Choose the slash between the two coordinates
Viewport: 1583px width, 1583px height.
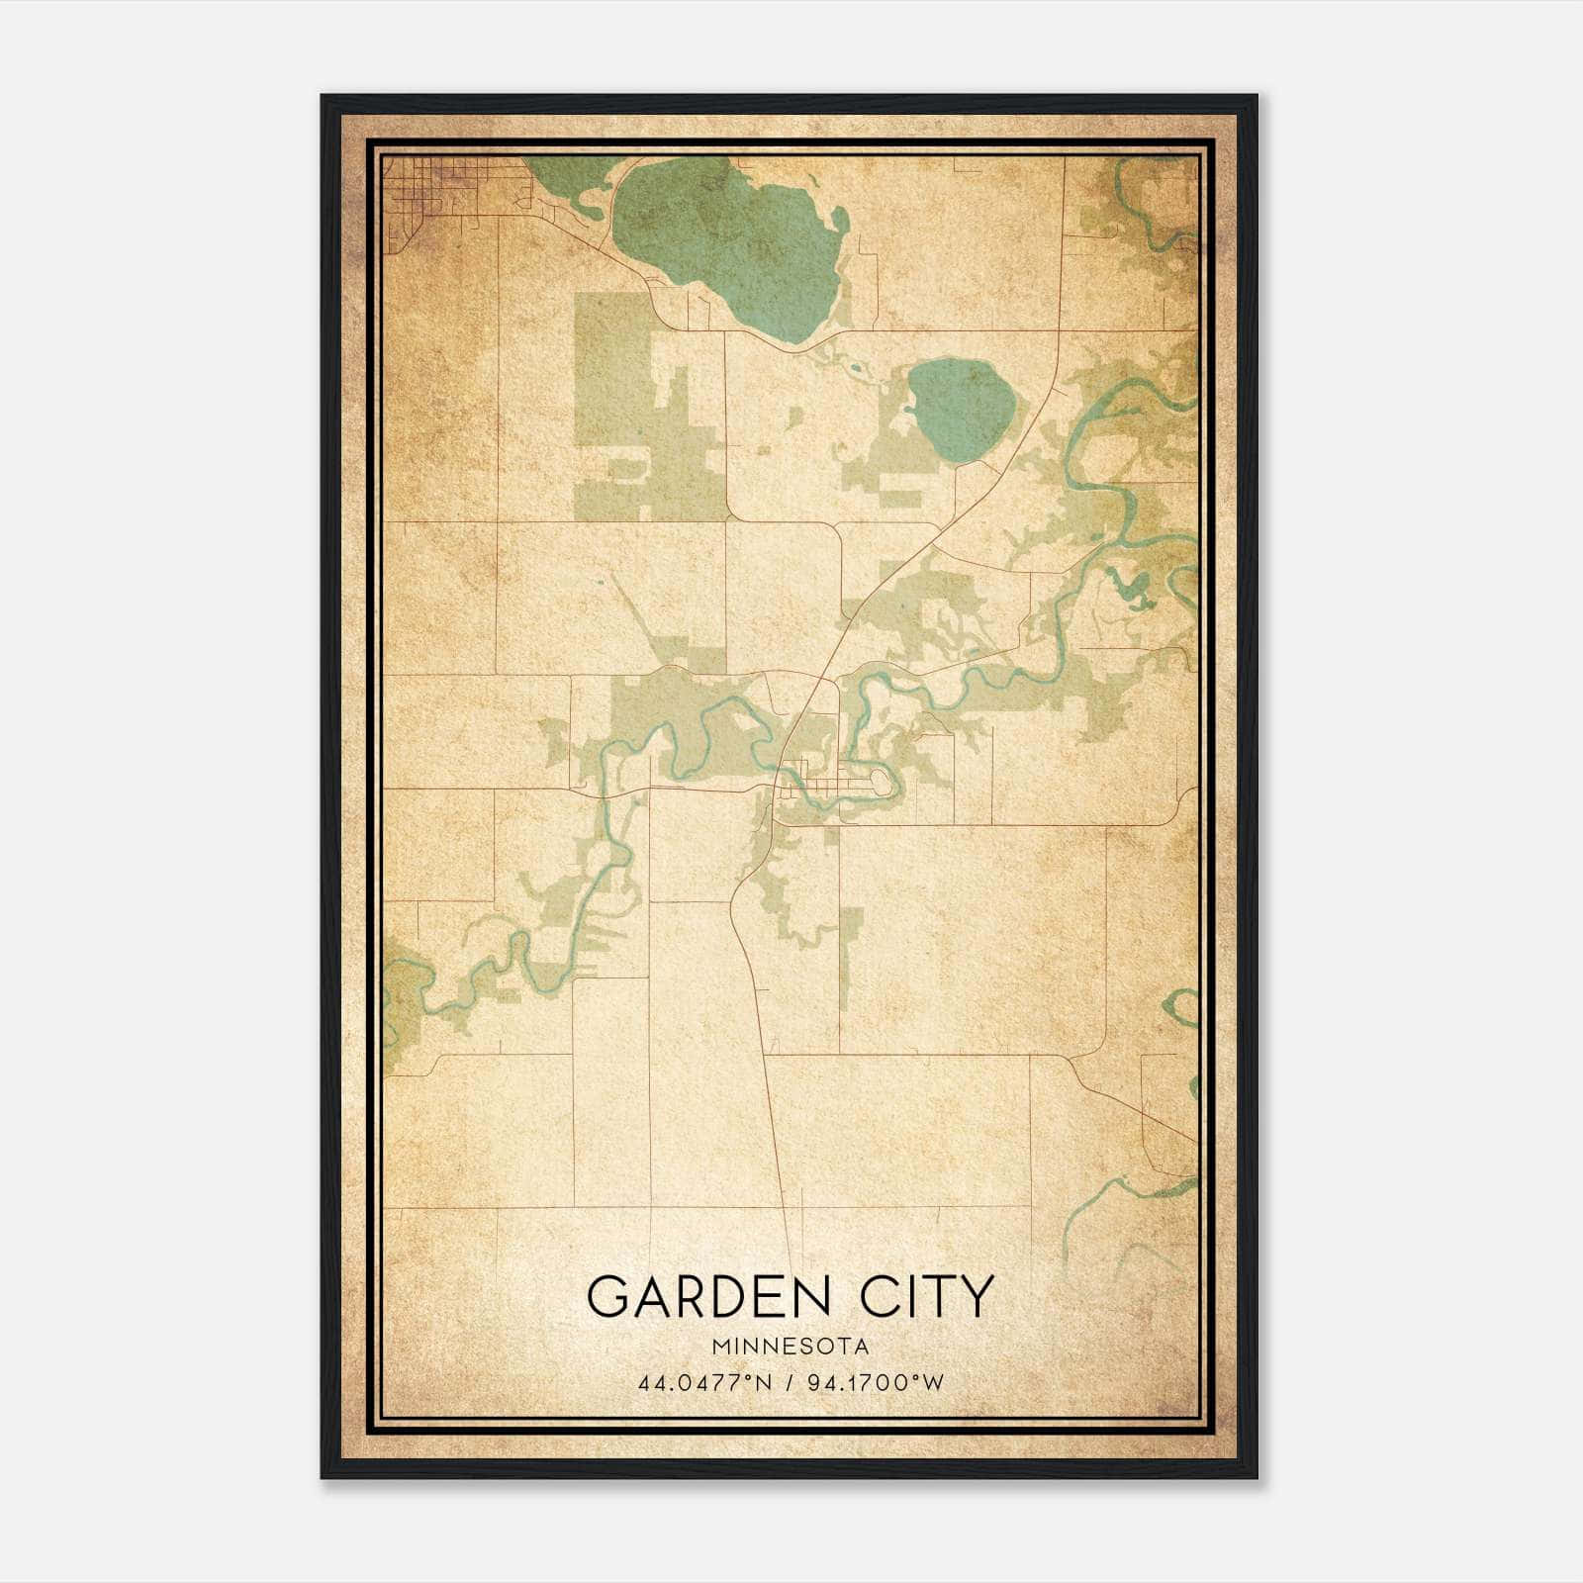pyautogui.click(x=792, y=1382)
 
